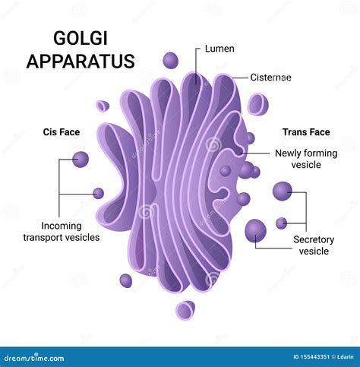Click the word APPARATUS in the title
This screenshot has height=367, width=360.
coord(80,61)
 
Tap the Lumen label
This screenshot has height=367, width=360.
coord(219,49)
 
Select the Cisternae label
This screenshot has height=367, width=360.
coord(271,77)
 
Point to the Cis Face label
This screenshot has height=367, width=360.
coord(62,132)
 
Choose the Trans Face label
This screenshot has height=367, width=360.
coord(306,131)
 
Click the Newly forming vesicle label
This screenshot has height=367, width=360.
coord(305,159)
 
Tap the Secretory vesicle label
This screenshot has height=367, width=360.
coord(314,245)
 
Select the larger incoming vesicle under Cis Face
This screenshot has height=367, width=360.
coord(80,159)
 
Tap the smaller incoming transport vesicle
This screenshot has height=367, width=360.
coord(98,193)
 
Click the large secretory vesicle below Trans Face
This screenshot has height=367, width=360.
coord(283,191)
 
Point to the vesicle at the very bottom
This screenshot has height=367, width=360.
coord(185,309)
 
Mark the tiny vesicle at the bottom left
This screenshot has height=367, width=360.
coord(125,280)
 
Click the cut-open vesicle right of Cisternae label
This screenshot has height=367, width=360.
coord(257,104)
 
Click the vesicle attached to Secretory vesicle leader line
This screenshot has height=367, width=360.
coord(256,229)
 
